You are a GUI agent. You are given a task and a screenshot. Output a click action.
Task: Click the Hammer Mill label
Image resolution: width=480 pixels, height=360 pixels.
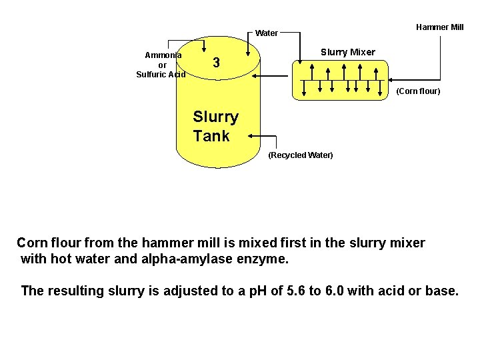(x=439, y=27)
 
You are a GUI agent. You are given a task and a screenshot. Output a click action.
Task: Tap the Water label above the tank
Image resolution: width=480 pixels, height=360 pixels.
(x=267, y=33)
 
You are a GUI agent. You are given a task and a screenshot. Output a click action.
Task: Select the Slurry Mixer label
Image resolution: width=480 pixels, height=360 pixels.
(x=347, y=52)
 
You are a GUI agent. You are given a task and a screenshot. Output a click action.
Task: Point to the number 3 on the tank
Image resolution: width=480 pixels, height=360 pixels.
(x=216, y=63)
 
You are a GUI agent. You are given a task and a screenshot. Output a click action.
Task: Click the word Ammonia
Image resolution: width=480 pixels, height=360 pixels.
(x=163, y=55)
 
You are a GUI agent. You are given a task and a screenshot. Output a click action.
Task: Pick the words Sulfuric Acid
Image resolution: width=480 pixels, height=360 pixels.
(x=161, y=75)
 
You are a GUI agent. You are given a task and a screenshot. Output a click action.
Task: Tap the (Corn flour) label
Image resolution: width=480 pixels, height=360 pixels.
(x=418, y=91)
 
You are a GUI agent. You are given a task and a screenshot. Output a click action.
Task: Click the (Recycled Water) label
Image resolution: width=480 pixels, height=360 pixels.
(x=300, y=155)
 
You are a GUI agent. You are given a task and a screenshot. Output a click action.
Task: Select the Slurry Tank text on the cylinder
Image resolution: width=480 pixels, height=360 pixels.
(x=215, y=127)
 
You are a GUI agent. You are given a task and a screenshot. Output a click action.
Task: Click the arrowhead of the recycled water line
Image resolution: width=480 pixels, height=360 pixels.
(x=251, y=136)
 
